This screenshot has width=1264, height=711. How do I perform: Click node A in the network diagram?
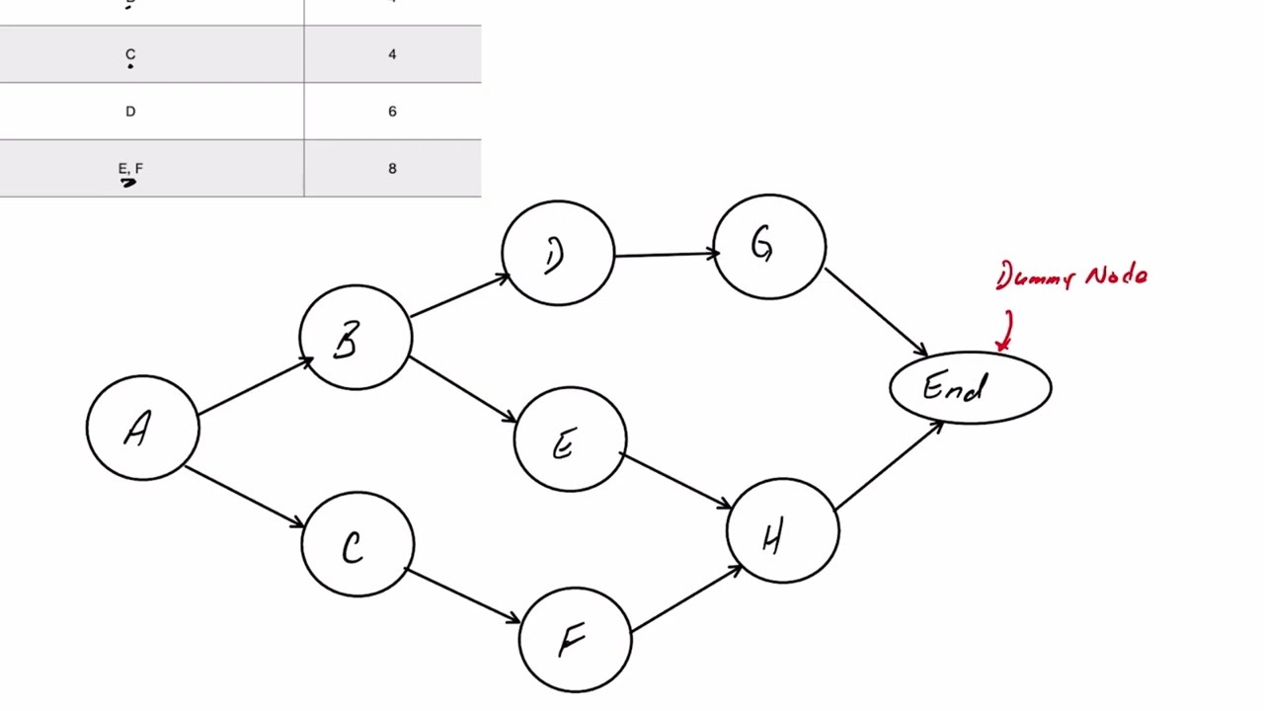[x=142, y=428]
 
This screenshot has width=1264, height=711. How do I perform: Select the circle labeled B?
[x=355, y=338]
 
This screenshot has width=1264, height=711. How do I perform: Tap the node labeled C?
[x=356, y=545]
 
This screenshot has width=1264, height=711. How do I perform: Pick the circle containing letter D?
[x=557, y=254]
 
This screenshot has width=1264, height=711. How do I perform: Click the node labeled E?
[x=569, y=440]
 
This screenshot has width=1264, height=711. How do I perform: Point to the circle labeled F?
[x=575, y=639]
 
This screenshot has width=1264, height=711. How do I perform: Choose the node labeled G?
[x=768, y=246]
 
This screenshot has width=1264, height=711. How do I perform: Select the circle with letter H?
[x=782, y=532]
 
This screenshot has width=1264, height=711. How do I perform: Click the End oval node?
[x=970, y=388]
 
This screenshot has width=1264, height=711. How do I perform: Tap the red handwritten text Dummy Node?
[x=1071, y=276]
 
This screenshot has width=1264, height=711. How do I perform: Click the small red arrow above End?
[x=1005, y=332]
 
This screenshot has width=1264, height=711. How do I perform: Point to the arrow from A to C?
[x=244, y=496]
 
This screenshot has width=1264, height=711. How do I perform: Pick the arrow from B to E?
[x=462, y=390]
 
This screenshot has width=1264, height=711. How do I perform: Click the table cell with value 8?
[x=392, y=169]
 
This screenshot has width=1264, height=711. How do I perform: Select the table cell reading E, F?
[x=130, y=169]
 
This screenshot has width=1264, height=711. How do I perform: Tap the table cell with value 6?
[x=392, y=112]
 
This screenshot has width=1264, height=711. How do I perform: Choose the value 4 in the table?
[x=392, y=54]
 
